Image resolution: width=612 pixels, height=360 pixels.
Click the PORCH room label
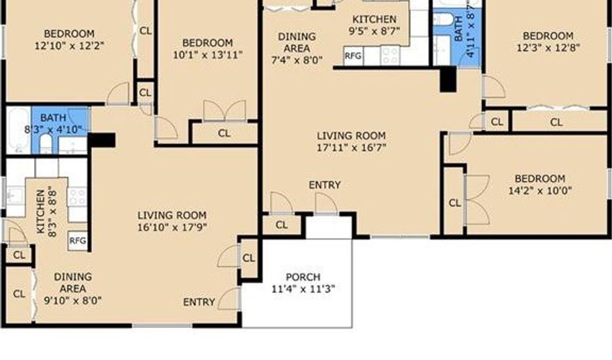pyautogui.click(x=303, y=277)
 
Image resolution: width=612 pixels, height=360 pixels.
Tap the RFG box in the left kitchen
pyautogui.click(x=78, y=240)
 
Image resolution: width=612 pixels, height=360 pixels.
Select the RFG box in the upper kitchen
pyautogui.click(x=353, y=56)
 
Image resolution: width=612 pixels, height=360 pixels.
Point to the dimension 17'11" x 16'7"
pyautogui.click(x=352, y=148)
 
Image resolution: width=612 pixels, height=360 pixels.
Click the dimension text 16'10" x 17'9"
pyautogui.click(x=172, y=227)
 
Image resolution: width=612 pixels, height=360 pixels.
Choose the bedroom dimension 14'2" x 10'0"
pyautogui.click(x=540, y=191)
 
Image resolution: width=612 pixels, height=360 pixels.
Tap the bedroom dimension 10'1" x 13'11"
pyautogui.click(x=207, y=54)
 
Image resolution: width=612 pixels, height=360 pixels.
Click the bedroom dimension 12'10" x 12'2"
pyautogui.click(x=69, y=46)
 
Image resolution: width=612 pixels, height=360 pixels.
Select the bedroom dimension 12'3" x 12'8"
pyautogui.click(x=548, y=48)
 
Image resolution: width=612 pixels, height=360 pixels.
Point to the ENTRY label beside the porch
pyautogui.click(x=199, y=302)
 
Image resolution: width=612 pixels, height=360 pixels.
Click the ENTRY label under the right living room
pyautogui.click(x=325, y=184)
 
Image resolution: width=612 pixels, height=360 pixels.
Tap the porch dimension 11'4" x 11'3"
pyautogui.click(x=303, y=289)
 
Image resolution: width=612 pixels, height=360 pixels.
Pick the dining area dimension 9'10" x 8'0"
pyautogui.click(x=73, y=301)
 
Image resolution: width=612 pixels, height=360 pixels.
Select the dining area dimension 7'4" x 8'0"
pyautogui.click(x=296, y=60)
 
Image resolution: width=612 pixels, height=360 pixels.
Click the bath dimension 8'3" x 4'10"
pyautogui.click(x=54, y=129)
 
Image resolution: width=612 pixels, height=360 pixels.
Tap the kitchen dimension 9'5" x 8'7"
pyautogui.click(x=374, y=31)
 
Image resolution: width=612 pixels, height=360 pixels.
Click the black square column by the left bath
pyautogui.click(x=101, y=140)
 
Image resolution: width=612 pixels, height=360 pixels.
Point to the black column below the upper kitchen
pyautogui.click(x=448, y=79)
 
